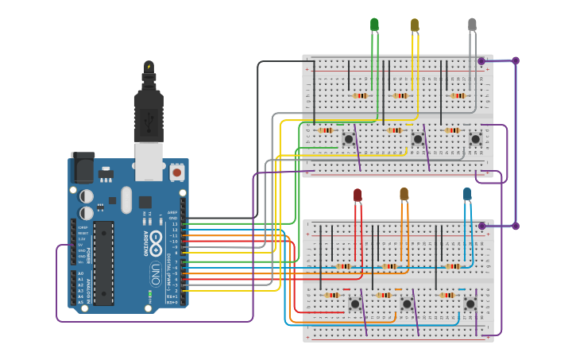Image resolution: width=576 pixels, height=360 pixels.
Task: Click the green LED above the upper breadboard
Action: point(374,25)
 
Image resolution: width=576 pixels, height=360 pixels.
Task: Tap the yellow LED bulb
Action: point(414,25)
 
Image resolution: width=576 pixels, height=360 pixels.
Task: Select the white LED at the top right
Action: point(472,25)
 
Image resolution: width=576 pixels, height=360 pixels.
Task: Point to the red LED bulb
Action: point(358,194)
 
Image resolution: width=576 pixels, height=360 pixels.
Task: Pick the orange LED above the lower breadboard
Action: point(404,193)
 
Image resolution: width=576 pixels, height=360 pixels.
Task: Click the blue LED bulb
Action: point(467,193)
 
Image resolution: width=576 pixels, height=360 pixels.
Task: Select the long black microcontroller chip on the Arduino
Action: point(103,263)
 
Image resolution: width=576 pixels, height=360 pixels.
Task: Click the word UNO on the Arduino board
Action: point(156,274)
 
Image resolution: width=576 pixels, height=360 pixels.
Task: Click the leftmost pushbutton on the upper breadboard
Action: point(348,139)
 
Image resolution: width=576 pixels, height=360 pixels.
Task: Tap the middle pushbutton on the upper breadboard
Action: point(417,139)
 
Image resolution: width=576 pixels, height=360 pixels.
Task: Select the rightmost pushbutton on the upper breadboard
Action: point(475,139)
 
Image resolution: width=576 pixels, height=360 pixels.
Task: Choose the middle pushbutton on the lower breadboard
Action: point(407,303)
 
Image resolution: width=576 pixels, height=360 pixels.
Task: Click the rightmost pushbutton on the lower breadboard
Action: point(470,303)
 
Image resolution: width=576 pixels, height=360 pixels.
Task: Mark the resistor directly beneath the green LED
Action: point(361,96)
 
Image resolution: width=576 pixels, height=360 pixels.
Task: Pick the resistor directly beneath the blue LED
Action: point(453,266)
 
